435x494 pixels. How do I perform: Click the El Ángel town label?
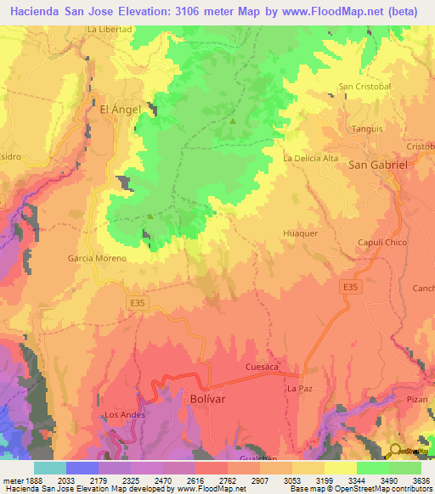coord(120,109)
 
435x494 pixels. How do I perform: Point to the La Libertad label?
coord(110,29)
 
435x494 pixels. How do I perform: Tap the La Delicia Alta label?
coord(311,158)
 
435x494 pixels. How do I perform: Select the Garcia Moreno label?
coord(97,258)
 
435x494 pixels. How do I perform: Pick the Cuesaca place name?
coord(262,367)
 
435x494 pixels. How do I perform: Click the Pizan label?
coord(417,398)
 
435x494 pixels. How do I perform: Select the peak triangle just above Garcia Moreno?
coord(150,216)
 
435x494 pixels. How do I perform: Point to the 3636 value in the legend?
coord(421,480)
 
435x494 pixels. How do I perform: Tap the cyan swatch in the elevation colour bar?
coord(49,467)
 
